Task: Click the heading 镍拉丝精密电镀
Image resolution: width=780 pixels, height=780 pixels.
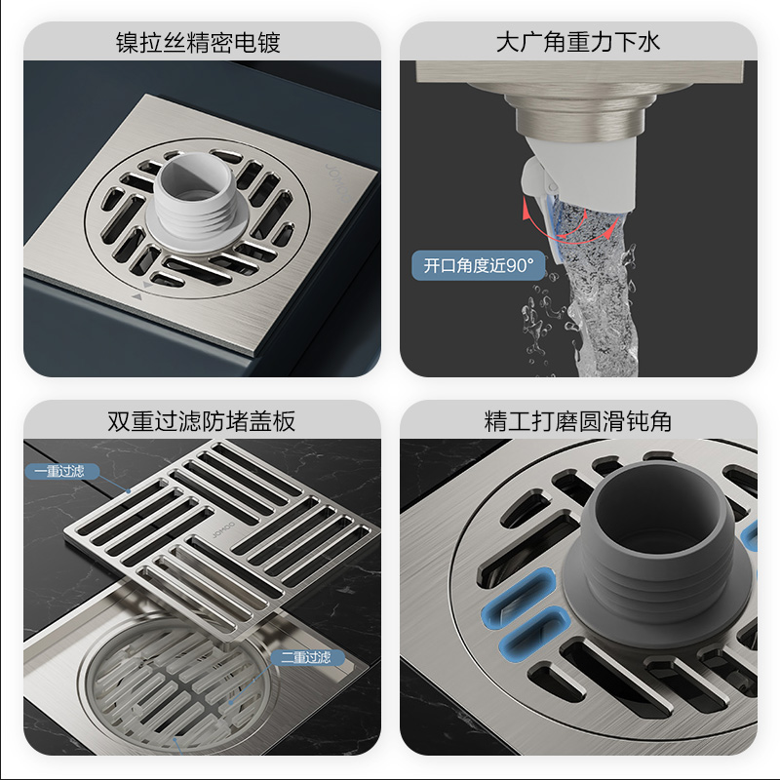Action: (x=198, y=42)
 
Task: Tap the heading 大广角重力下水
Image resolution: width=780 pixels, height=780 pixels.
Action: (x=578, y=42)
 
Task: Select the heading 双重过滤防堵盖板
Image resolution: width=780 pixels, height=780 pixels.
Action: (x=202, y=421)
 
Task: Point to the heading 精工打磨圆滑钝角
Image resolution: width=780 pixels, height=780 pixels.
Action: (x=578, y=421)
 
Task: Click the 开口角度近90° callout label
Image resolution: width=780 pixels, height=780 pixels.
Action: (x=479, y=265)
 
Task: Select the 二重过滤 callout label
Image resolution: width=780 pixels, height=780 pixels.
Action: (x=306, y=657)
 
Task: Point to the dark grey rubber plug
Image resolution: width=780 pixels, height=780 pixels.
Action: (x=657, y=557)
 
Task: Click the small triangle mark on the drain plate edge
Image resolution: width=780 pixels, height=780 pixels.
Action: (x=136, y=296)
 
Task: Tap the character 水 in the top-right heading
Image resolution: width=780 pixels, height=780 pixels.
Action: (x=648, y=42)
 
